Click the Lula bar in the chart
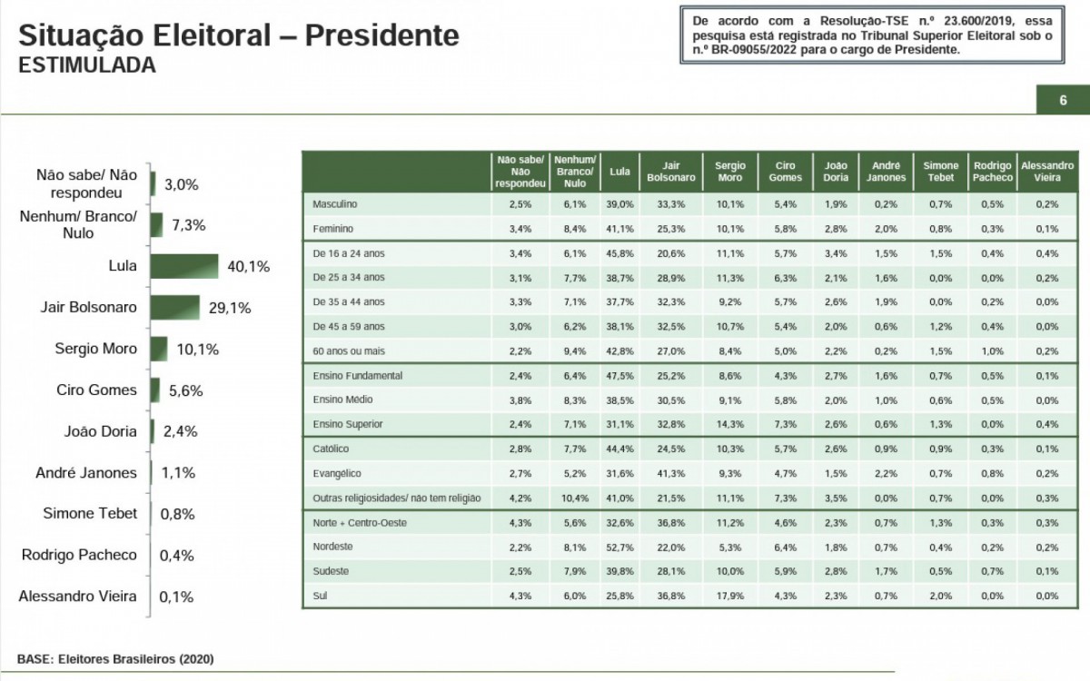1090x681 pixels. click(184, 266)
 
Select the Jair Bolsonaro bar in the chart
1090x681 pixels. click(175, 308)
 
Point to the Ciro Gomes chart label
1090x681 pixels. click(95, 390)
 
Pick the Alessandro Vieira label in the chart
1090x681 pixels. click(77, 596)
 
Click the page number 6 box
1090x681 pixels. click(1062, 100)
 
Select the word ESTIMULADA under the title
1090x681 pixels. click(86, 65)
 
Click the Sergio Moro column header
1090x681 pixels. click(729, 172)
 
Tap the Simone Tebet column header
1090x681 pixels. click(940, 172)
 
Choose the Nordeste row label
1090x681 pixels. click(332, 548)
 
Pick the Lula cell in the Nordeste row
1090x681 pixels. click(619, 548)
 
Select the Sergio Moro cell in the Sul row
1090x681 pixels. click(729, 596)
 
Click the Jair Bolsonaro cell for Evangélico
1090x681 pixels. click(671, 473)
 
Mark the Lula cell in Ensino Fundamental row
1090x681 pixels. click(619, 375)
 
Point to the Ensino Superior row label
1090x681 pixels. click(347, 424)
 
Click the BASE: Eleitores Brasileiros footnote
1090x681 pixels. click(115, 658)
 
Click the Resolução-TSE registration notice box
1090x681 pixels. click(871, 35)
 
